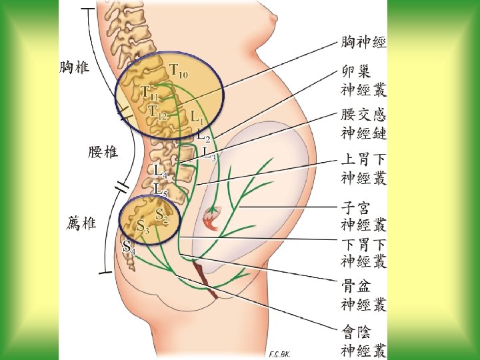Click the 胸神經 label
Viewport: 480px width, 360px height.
[363, 42]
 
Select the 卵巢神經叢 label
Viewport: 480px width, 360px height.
[363, 80]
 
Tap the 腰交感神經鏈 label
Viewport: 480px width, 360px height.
[363, 124]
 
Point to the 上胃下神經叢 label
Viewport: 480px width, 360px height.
[363, 168]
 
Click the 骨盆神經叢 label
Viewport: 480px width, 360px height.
[363, 295]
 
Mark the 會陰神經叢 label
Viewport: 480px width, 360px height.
[363, 340]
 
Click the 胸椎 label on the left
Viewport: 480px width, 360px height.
[75, 67]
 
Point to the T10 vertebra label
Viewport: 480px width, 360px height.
[178, 69]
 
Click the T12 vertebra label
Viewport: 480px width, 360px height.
[157, 112]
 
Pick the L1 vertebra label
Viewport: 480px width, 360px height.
[197, 117]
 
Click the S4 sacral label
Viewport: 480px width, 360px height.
[129, 247]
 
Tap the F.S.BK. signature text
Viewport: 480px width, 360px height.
[278, 353]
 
